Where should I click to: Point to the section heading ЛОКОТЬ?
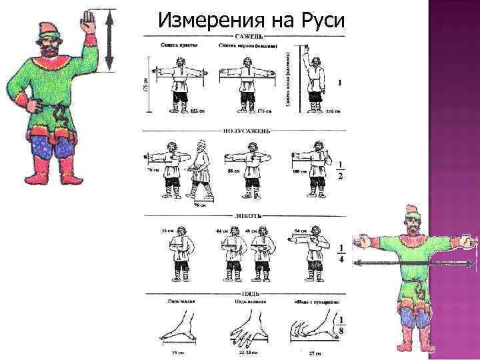pos(244,216)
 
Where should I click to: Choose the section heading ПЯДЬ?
pos(243,293)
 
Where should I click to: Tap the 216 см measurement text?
pos(333,111)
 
